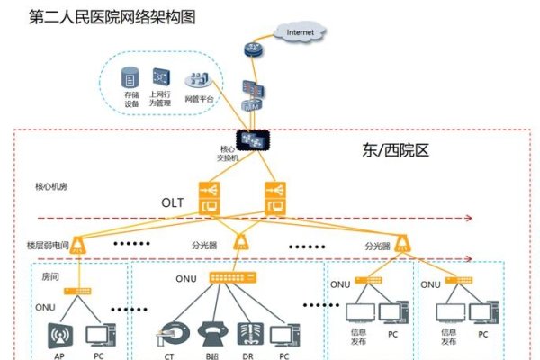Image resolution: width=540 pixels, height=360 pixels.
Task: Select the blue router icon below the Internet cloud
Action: tap(250, 50)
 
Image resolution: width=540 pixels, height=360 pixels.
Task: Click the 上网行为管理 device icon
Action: tap(162, 76)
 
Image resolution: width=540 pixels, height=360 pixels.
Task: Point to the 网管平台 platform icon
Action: tap(199, 78)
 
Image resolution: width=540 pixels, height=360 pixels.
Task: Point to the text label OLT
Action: tap(174, 203)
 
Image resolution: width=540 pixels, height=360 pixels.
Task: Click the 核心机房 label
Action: tap(51, 187)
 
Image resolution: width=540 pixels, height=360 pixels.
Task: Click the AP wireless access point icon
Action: tap(61, 334)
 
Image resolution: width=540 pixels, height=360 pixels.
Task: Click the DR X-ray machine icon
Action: tap(248, 334)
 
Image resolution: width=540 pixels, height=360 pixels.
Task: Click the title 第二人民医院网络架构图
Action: tap(101, 17)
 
